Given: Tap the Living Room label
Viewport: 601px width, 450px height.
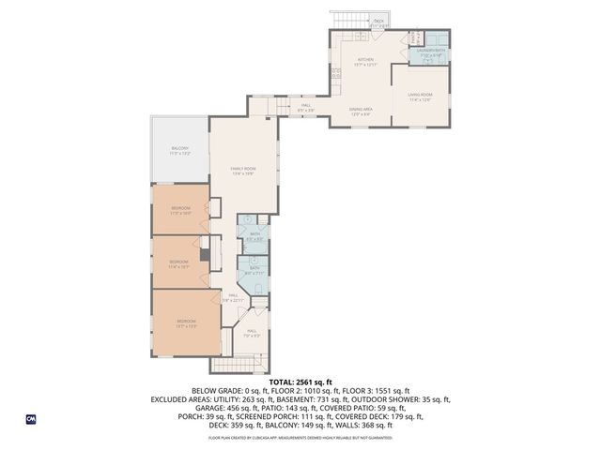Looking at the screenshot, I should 419,97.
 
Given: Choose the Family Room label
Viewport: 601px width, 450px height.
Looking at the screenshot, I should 242,170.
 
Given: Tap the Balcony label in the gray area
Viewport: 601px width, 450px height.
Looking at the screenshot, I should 179,150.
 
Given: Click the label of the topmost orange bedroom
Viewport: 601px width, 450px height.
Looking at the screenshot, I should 180,210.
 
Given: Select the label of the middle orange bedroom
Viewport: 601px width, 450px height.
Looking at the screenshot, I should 178,263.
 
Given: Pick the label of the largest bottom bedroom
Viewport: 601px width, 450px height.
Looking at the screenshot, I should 186,324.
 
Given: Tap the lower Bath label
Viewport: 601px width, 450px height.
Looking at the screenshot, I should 254,270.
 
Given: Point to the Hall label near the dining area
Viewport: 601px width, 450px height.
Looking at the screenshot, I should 306,108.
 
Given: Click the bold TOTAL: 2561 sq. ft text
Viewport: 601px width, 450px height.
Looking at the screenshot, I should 300,382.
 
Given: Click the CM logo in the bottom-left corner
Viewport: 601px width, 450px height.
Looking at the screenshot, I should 30,418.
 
